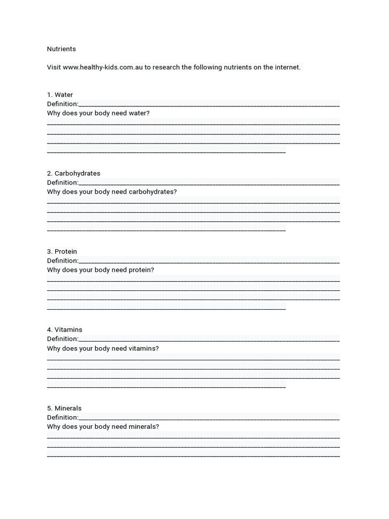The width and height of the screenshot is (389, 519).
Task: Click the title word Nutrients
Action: pyautogui.click(x=61, y=49)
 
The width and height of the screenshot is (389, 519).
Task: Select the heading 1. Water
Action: pyautogui.click(x=60, y=95)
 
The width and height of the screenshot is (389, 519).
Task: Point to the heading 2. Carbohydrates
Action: pyautogui.click(x=73, y=173)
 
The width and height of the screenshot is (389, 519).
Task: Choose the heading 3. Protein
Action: pyautogui.click(x=62, y=251)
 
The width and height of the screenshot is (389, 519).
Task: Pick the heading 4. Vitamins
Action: pyautogui.click(x=64, y=329)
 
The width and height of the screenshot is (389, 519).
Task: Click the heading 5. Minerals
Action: pyautogui.click(x=64, y=408)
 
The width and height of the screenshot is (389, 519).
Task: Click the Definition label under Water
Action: pyautogui.click(x=63, y=104)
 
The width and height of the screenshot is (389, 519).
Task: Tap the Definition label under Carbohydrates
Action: pyautogui.click(x=63, y=182)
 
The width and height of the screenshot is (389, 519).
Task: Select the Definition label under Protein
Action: pyautogui.click(x=63, y=261)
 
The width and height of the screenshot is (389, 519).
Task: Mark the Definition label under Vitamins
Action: pyautogui.click(x=63, y=339)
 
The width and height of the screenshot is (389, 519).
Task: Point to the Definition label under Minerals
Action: pyautogui.click(x=63, y=417)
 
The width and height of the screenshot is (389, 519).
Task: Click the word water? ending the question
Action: pyautogui.click(x=139, y=113)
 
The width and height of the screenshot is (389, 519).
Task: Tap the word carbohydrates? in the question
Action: pyautogui.click(x=153, y=192)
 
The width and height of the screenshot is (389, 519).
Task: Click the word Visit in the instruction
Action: pyautogui.click(x=54, y=67)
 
